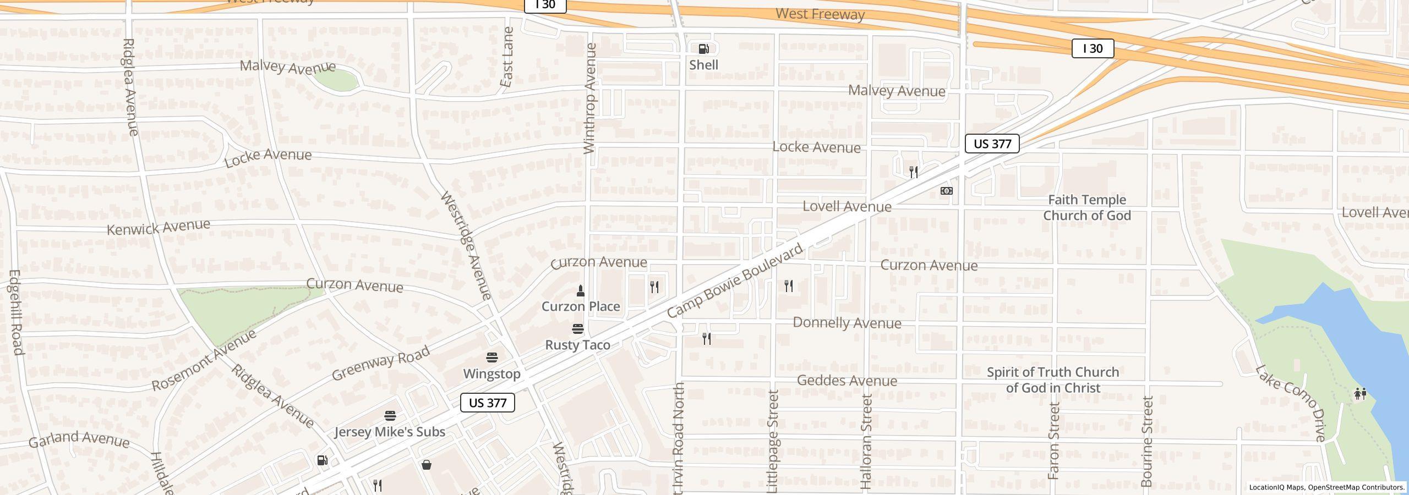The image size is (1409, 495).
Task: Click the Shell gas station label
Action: (703, 65)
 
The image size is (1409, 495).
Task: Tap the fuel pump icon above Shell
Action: (703, 49)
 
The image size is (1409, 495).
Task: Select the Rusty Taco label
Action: (577, 345)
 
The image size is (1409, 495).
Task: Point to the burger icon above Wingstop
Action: (492, 358)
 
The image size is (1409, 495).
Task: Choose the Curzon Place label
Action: (581, 306)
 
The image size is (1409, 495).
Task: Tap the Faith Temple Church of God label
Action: (1087, 207)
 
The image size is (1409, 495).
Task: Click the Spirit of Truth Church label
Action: (1053, 380)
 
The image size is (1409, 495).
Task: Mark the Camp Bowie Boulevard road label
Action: (735, 281)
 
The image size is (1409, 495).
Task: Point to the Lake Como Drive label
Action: (1290, 403)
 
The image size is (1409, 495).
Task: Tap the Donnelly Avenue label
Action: (847, 323)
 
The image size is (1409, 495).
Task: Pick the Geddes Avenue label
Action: (847, 381)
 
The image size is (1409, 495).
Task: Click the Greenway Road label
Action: (380, 364)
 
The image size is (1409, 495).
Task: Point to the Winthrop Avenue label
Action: (589, 99)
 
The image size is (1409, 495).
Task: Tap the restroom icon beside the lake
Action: (1360, 394)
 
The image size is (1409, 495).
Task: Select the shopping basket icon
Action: (426, 465)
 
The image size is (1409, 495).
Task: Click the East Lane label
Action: (507, 57)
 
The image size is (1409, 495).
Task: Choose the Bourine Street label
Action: (1147, 441)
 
